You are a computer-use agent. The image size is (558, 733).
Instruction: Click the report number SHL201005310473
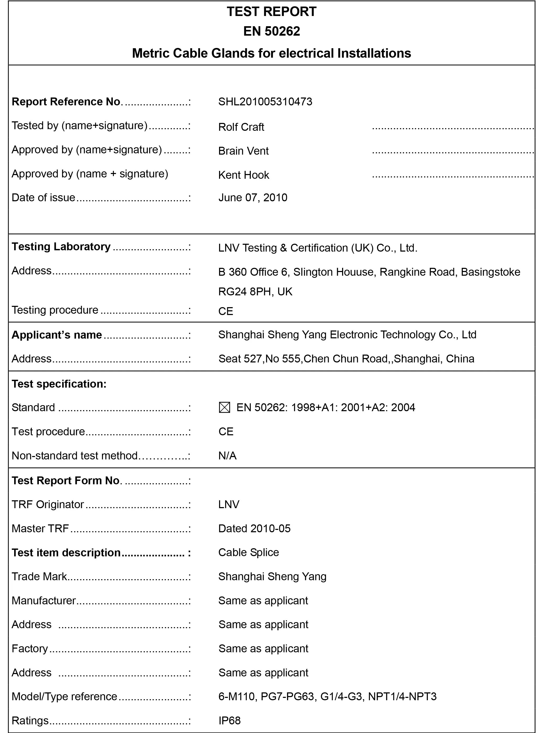pyautogui.click(x=265, y=101)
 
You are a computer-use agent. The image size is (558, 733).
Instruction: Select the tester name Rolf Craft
pyautogui.click(x=241, y=127)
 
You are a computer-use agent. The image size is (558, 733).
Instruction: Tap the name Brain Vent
pyautogui.click(x=243, y=151)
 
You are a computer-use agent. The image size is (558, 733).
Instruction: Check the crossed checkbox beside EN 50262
pyautogui.click(x=225, y=408)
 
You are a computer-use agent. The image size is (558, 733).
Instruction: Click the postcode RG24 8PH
pyautogui.click(x=245, y=292)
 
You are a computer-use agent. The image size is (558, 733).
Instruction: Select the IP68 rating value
pyautogui.click(x=230, y=720)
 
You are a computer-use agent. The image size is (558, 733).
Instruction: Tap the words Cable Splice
pyautogui.click(x=248, y=552)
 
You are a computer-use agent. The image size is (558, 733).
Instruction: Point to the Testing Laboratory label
pyautogui.click(x=61, y=247)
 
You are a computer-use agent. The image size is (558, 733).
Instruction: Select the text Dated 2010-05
pyautogui.click(x=254, y=528)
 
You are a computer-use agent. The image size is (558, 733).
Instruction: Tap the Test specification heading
pyautogui.click(x=59, y=384)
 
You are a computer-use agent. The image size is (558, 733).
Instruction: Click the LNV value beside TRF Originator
pyautogui.click(x=229, y=504)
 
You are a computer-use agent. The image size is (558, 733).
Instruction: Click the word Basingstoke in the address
pyautogui.click(x=490, y=272)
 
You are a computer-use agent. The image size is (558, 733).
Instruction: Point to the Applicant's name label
pyautogui.click(x=57, y=335)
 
